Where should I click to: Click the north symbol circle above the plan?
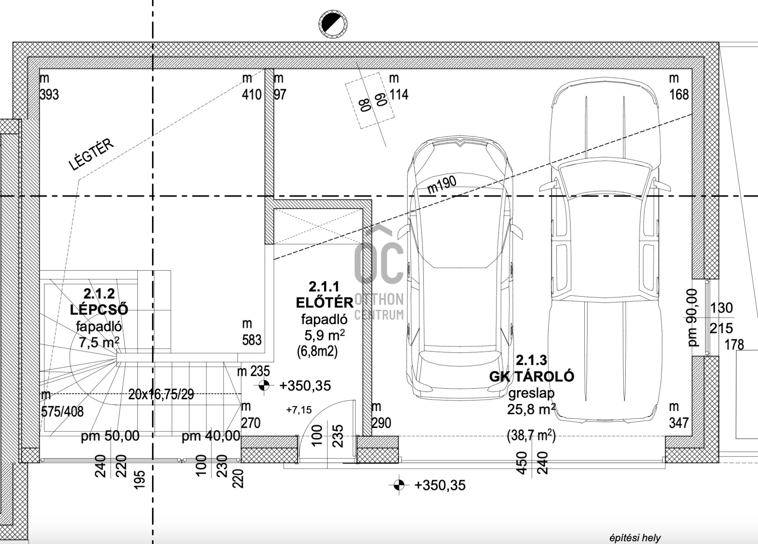point(333,24)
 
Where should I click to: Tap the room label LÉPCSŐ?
point(99,310)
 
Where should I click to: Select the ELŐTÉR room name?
point(325,303)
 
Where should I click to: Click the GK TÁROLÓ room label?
point(531,376)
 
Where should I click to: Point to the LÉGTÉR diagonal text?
point(91,154)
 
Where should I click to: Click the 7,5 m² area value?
point(99,342)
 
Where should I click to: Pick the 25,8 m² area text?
point(531,409)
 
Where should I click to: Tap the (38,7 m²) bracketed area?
point(531,436)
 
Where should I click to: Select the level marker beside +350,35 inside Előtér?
point(264,385)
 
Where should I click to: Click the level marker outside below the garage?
point(399,485)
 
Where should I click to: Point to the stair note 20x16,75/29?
point(161,394)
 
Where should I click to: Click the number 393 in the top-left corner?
point(49,95)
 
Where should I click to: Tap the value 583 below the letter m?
point(251,340)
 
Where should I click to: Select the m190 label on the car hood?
point(442,184)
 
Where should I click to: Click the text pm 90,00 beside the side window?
point(692,318)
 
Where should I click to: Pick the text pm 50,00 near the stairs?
point(110,436)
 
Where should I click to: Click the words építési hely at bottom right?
point(635,538)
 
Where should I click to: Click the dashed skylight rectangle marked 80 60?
point(370,100)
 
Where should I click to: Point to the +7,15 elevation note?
point(299,410)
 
